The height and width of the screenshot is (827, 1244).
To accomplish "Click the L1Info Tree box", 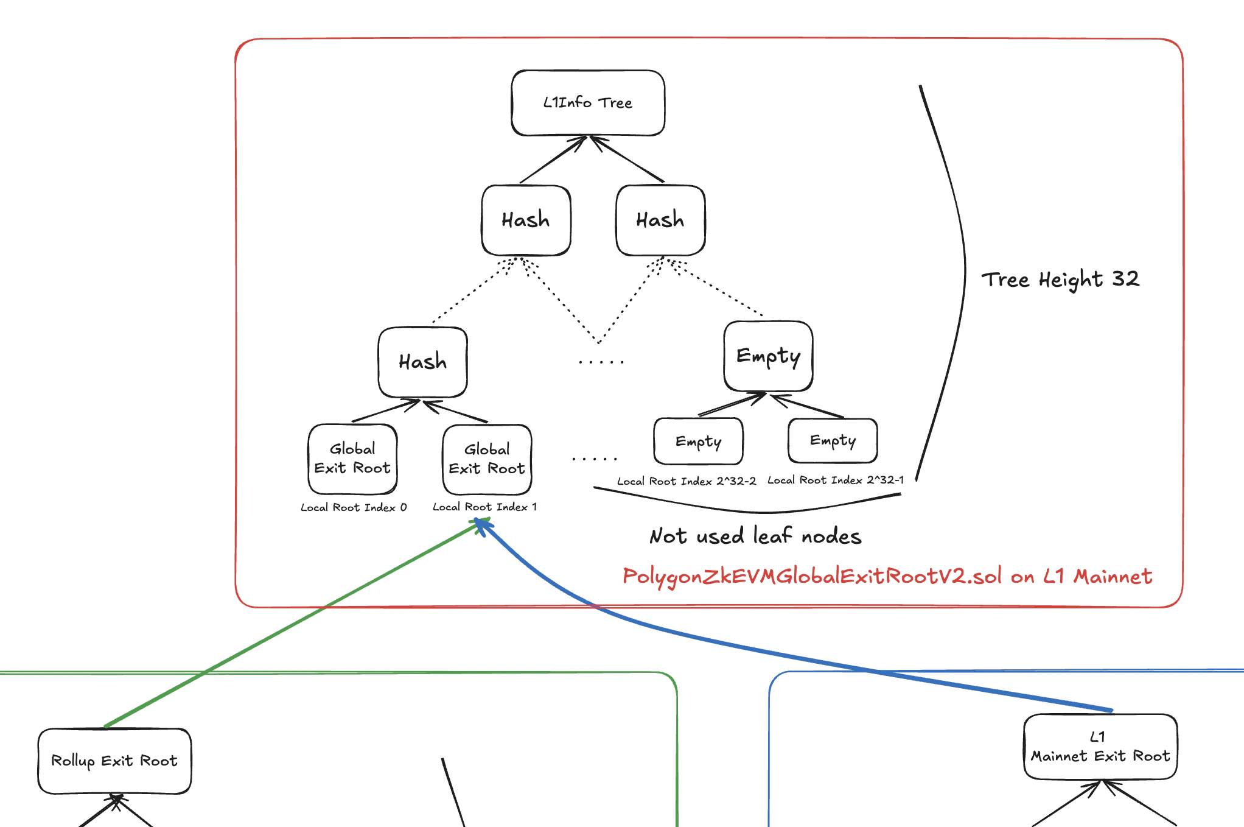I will [x=588, y=103].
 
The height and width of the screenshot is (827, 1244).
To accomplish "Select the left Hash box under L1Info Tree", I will [x=526, y=220].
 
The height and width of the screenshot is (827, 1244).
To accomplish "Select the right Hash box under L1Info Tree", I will [x=660, y=220].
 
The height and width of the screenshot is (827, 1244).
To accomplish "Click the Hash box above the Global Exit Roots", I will [x=422, y=362].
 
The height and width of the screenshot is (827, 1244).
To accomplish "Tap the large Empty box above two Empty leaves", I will [x=768, y=356].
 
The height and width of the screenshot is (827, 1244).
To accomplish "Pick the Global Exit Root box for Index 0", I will [x=352, y=459].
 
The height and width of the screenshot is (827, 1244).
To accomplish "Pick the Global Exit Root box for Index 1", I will [x=487, y=459].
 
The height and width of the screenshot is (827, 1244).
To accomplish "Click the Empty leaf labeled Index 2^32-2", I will [x=698, y=441].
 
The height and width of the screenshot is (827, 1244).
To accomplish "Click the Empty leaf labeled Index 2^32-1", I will [x=833, y=440].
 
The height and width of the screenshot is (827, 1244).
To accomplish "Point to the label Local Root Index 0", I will [x=354, y=507].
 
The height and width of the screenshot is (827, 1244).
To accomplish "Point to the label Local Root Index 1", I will [x=484, y=507].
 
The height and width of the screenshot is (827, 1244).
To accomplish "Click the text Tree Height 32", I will [x=1060, y=280].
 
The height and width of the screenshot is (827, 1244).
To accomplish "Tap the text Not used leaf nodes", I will [x=755, y=536].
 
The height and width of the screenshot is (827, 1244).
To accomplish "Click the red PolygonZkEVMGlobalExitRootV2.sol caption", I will [x=887, y=576].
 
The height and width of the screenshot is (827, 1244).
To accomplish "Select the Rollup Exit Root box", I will [x=114, y=761].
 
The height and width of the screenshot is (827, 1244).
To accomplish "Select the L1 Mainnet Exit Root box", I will [x=1100, y=747].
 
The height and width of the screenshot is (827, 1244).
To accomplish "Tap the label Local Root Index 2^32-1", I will [x=835, y=480].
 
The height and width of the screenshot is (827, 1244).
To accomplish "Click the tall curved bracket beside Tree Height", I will [x=964, y=274].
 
